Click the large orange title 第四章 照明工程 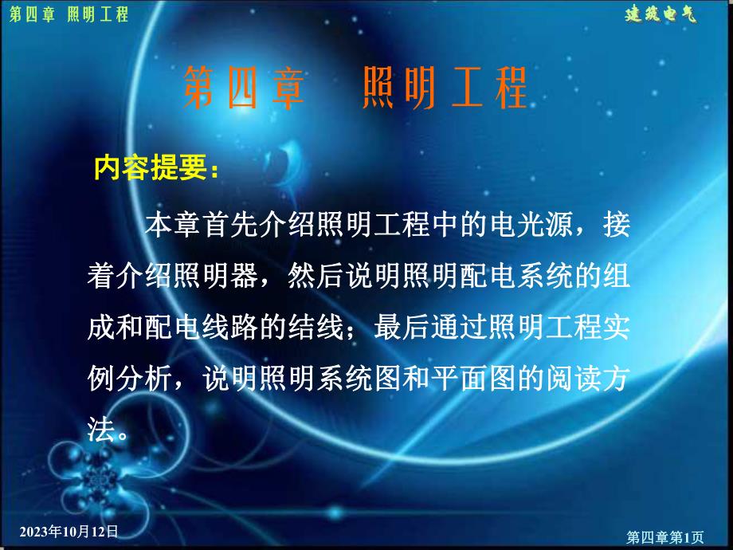point(355,88)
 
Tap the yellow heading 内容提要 point(151,168)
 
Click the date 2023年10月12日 point(69,531)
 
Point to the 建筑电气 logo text point(660,14)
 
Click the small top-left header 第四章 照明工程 point(67,15)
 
